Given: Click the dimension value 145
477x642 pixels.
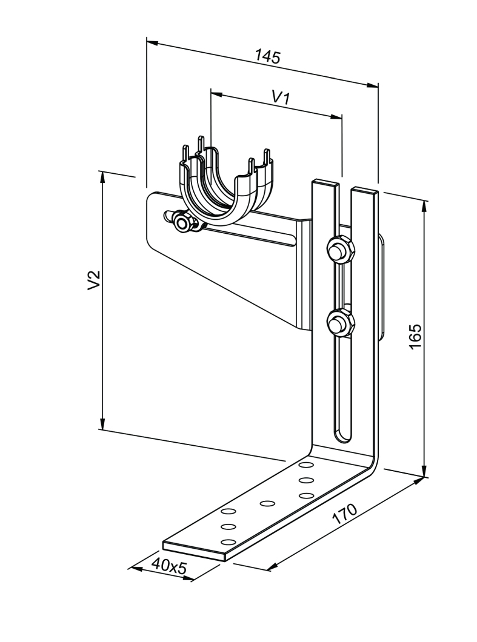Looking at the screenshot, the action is click(268, 56).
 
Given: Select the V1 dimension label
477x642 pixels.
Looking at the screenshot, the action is click(281, 98).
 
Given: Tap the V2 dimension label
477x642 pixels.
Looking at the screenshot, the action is click(94, 280).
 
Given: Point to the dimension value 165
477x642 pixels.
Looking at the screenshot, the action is click(415, 336).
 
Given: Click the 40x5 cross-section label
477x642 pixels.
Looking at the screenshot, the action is click(169, 566).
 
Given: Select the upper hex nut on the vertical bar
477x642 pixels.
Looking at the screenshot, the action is click(341, 250).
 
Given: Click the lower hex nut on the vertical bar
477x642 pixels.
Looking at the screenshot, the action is click(341, 323).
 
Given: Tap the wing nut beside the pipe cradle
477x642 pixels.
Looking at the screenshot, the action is click(182, 221).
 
